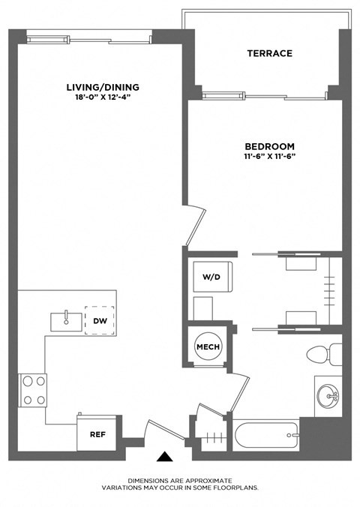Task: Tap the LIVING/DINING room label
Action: coord(102,86)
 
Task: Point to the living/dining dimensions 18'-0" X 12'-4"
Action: coord(102,96)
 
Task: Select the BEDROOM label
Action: coord(269,146)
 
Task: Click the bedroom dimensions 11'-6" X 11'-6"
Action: coord(269,157)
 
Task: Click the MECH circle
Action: coord(207,346)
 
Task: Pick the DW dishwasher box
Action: coord(99,320)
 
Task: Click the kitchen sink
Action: coord(67,321)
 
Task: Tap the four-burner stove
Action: coord(33,390)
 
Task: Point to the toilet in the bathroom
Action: coord(324,354)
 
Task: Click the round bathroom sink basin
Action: coord(328,392)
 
